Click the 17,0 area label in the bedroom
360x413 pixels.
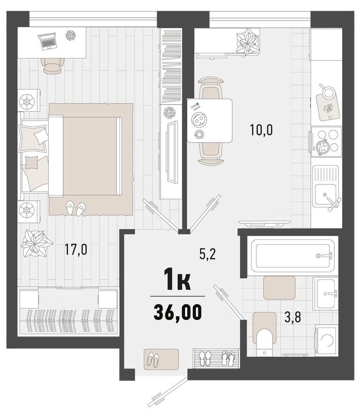click(x=76, y=248)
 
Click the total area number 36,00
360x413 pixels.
click(x=177, y=311)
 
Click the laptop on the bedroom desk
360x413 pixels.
click(x=47, y=41)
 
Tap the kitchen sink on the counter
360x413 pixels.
click(x=325, y=189)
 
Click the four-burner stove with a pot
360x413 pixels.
click(x=325, y=140)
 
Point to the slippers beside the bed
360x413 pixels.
click(x=75, y=207)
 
